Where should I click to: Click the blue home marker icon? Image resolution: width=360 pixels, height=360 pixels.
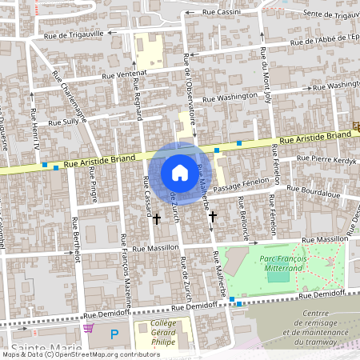[179, 173]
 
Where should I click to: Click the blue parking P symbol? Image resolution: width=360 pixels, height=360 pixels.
[114, 333]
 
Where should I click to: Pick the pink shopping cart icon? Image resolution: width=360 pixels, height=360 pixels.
[88, 328]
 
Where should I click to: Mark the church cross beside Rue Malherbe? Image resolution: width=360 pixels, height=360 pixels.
[212, 216]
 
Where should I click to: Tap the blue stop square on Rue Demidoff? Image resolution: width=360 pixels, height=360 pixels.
[232, 300]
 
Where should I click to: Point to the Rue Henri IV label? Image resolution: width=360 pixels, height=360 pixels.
[34, 128]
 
